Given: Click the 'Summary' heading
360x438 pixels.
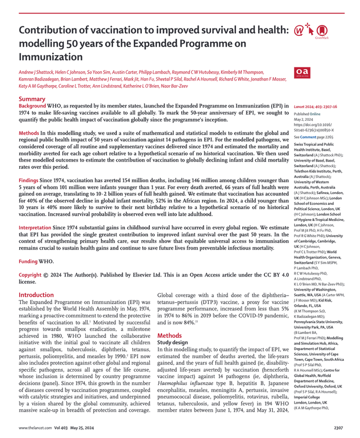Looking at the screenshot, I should (x=32, y=99).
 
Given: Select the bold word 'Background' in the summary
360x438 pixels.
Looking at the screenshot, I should (x=32, y=107).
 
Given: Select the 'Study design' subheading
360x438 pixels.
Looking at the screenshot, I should (x=172, y=343).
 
